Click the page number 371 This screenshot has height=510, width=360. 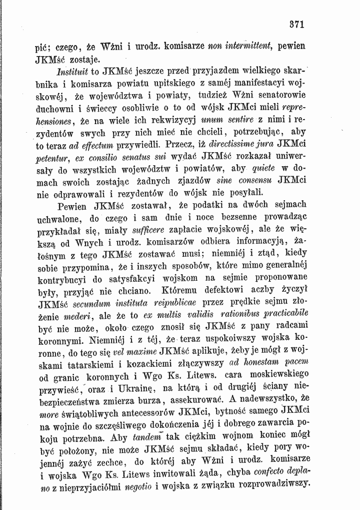pos(297,24)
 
